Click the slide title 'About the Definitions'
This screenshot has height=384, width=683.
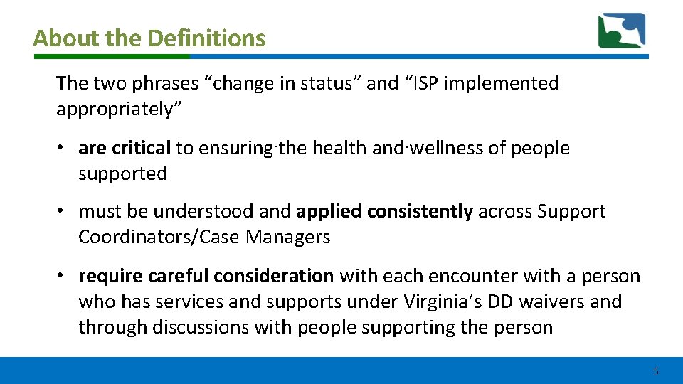[x=149, y=38]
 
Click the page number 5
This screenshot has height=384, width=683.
[x=655, y=371]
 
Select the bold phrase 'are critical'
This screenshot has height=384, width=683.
[x=125, y=148]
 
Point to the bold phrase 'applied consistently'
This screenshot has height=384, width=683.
[x=384, y=211]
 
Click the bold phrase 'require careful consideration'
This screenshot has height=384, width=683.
[x=206, y=276]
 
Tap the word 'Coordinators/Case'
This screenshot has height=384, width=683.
[x=159, y=237]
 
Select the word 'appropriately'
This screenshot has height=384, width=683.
[x=113, y=109]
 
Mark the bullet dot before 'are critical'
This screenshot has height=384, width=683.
[x=63, y=148]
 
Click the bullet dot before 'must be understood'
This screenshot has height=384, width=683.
[x=63, y=211]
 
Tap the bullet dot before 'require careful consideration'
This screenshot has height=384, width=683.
[x=63, y=276]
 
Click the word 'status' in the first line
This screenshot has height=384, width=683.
[x=337, y=83]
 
